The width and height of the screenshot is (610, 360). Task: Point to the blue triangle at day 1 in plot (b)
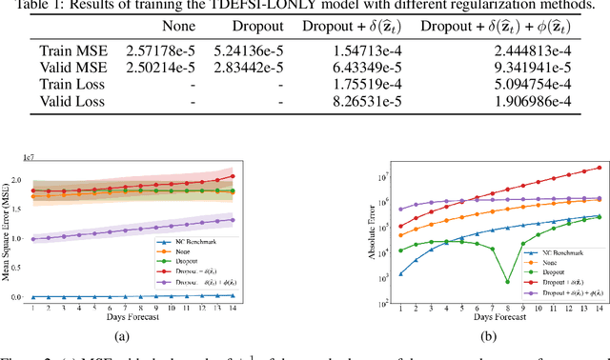click(x=374, y=273)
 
